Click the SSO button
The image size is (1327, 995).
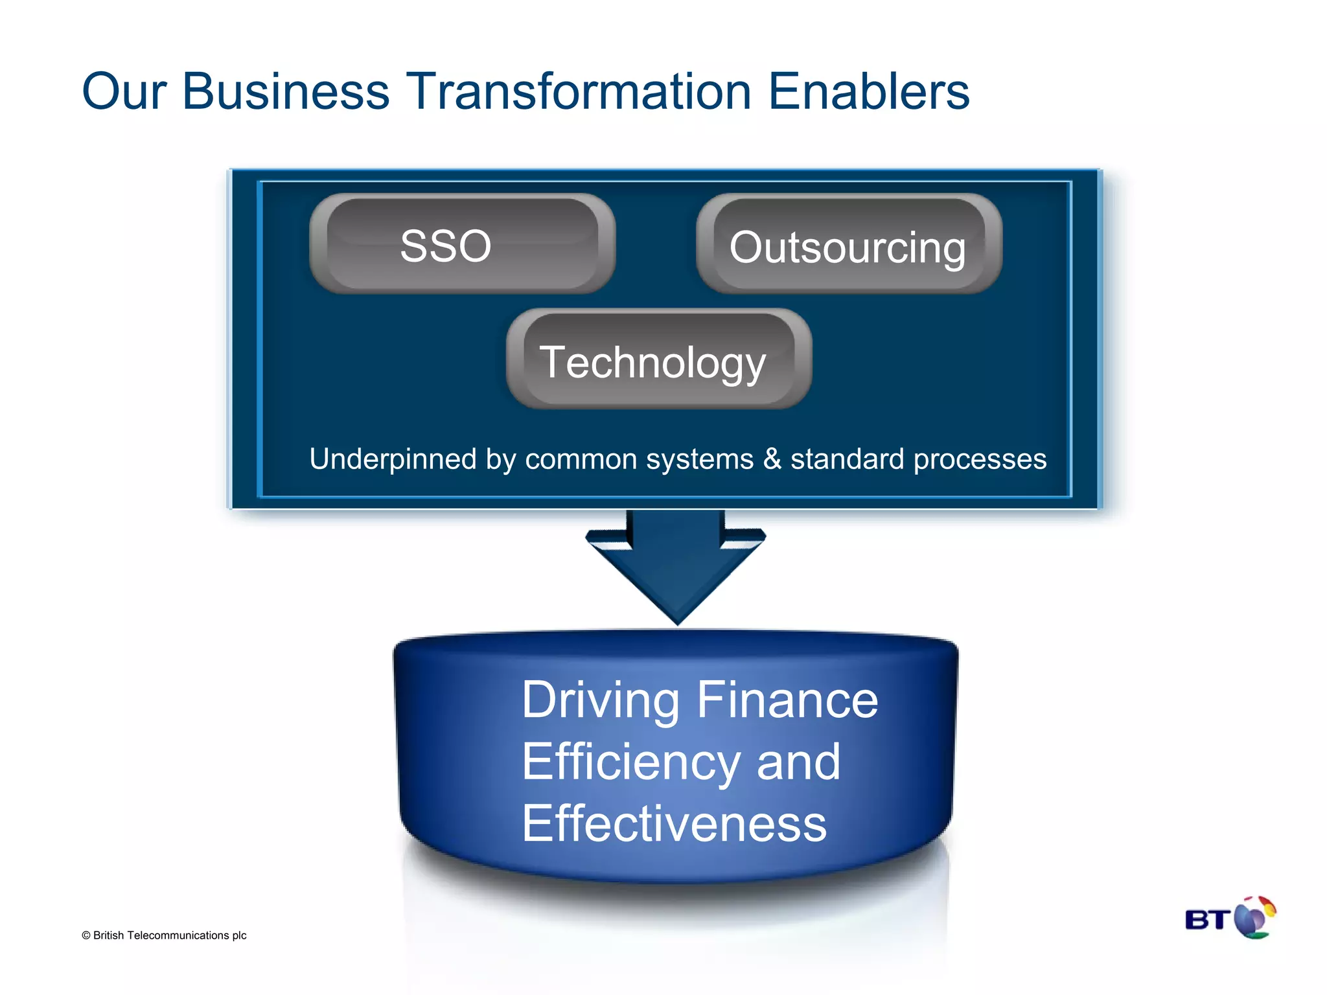tap(461, 244)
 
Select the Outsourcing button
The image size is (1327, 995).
tap(849, 244)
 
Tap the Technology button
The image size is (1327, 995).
tap(658, 359)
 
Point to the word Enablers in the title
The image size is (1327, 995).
tap(868, 91)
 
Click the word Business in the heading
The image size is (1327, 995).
tap(286, 91)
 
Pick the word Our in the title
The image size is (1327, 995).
tap(124, 91)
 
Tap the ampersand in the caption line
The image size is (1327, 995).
tap(772, 459)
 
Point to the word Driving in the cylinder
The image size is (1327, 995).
tap(600, 701)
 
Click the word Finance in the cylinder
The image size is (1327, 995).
tap(787, 701)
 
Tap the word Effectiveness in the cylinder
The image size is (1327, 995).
tap(674, 824)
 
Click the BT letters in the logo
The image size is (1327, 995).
tap(1207, 920)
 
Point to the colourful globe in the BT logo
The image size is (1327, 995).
tap(1254, 917)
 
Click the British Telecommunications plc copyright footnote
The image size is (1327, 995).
tap(164, 935)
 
